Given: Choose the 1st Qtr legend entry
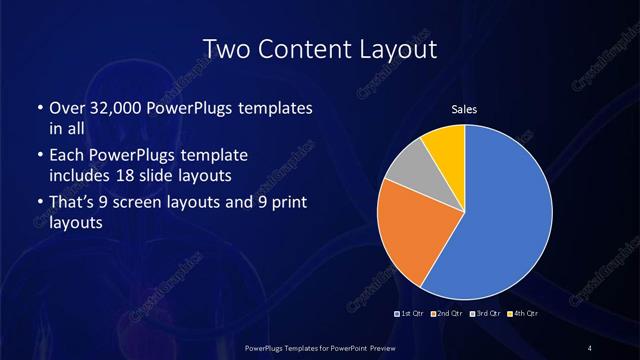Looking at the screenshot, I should [410, 314].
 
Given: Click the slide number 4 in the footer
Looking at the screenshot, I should [590, 347].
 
